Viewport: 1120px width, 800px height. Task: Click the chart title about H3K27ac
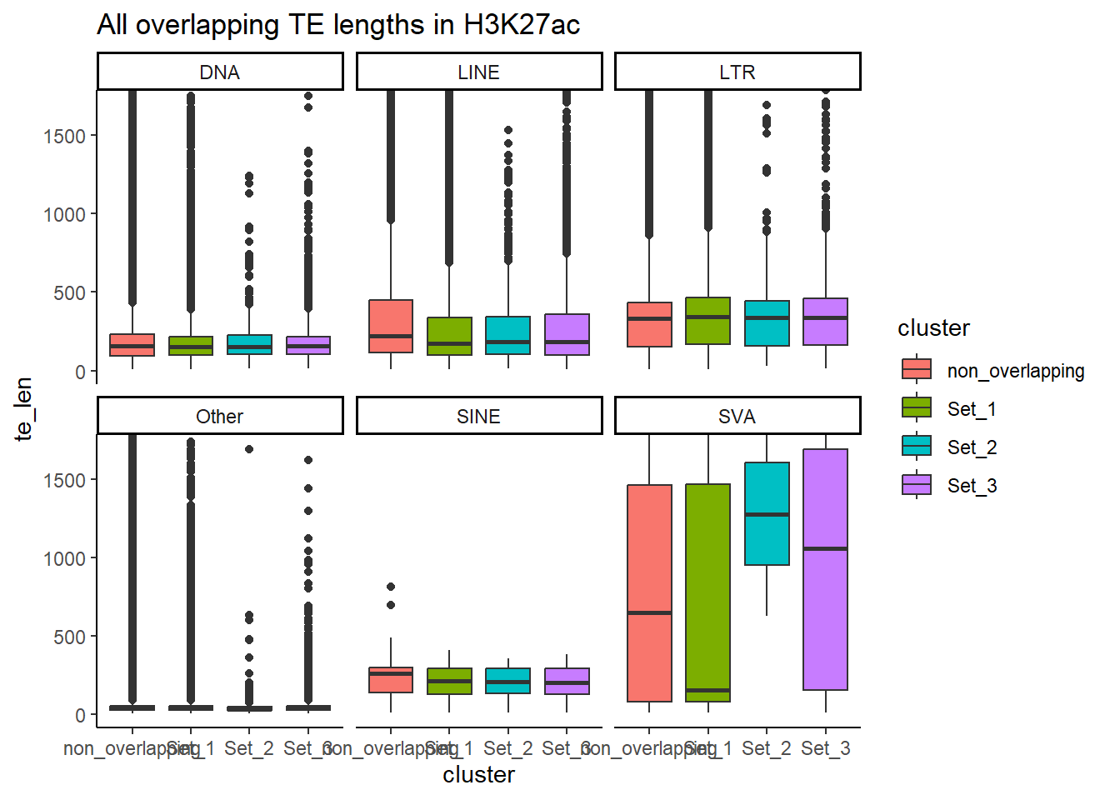point(338,25)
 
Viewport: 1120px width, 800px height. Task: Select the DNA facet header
point(220,72)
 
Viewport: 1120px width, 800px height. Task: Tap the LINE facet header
point(478,72)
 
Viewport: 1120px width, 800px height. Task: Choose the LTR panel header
point(737,72)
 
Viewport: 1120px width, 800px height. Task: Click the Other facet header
point(220,417)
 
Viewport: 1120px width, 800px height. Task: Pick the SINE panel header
point(478,417)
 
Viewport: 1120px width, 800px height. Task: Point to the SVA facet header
point(737,417)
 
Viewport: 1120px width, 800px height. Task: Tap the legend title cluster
point(933,328)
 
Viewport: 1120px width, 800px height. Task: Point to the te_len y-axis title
point(23,408)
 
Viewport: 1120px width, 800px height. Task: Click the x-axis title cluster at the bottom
point(478,775)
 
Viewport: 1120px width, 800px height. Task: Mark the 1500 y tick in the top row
point(64,136)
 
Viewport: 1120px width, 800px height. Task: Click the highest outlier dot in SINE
point(391,587)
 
